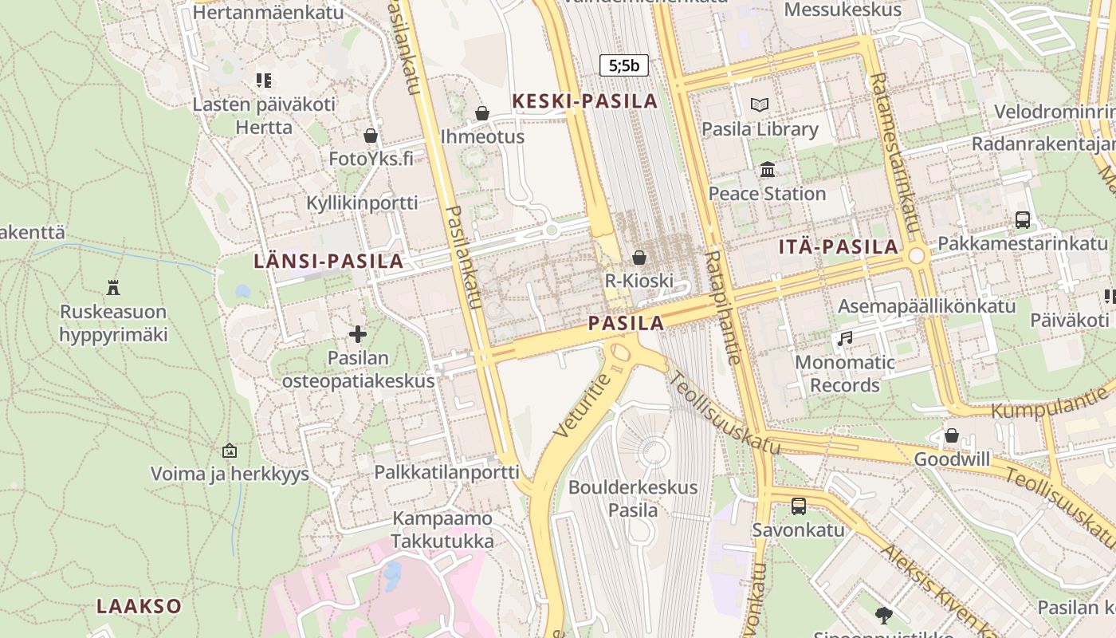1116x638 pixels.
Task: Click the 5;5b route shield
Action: click(623, 65)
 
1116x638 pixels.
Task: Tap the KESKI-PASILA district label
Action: click(585, 101)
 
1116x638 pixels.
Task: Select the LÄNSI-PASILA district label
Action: click(328, 261)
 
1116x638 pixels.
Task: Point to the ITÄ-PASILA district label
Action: click(839, 247)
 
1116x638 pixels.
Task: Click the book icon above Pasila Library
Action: click(760, 104)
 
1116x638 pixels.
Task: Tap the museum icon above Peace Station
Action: click(768, 169)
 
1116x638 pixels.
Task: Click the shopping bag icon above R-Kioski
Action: click(639, 257)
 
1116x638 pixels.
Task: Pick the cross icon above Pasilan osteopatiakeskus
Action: click(358, 334)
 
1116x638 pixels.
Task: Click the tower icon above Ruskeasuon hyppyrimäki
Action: click(113, 287)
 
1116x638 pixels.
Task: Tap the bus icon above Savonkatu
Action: click(798, 506)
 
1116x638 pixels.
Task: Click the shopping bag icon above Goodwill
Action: click(951, 435)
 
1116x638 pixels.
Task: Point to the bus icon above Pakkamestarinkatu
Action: click(1022, 219)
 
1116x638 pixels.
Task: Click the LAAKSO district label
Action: click(139, 606)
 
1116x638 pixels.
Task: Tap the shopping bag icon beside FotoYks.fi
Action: click(370, 135)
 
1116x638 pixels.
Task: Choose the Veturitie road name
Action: click(582, 404)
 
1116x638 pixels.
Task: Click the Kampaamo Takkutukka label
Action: click(442, 530)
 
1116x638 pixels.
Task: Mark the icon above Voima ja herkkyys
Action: click(230, 451)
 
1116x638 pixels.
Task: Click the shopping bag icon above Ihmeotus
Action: click(481, 113)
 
